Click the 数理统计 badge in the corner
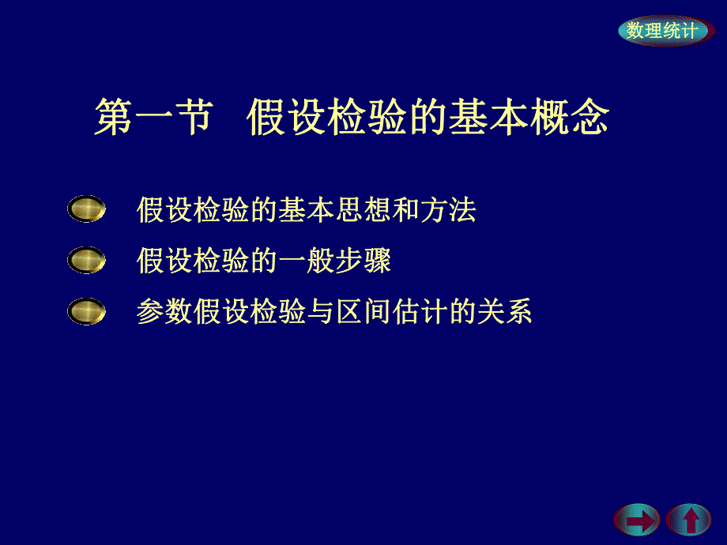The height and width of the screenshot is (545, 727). click(661, 31)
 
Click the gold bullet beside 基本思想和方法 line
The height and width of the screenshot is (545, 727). click(86, 209)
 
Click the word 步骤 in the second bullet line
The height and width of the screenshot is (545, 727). click(363, 261)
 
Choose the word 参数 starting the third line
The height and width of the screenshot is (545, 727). click(164, 312)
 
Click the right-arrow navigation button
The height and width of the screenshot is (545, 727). click(636, 520)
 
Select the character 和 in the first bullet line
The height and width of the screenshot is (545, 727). click(406, 210)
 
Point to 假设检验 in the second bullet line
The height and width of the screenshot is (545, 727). click(193, 261)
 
